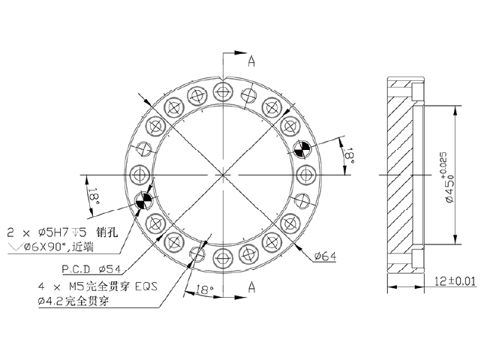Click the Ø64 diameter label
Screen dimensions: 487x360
[x=325, y=256]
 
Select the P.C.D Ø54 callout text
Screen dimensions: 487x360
[x=91, y=268]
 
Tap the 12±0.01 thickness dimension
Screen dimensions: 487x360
[x=455, y=281]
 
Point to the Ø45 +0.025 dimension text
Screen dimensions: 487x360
[x=446, y=178]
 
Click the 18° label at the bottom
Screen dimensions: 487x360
[x=204, y=289]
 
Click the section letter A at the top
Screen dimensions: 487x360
[x=251, y=61]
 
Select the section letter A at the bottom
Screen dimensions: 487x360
[x=251, y=287]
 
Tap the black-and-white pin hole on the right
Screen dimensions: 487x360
[x=301, y=148]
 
